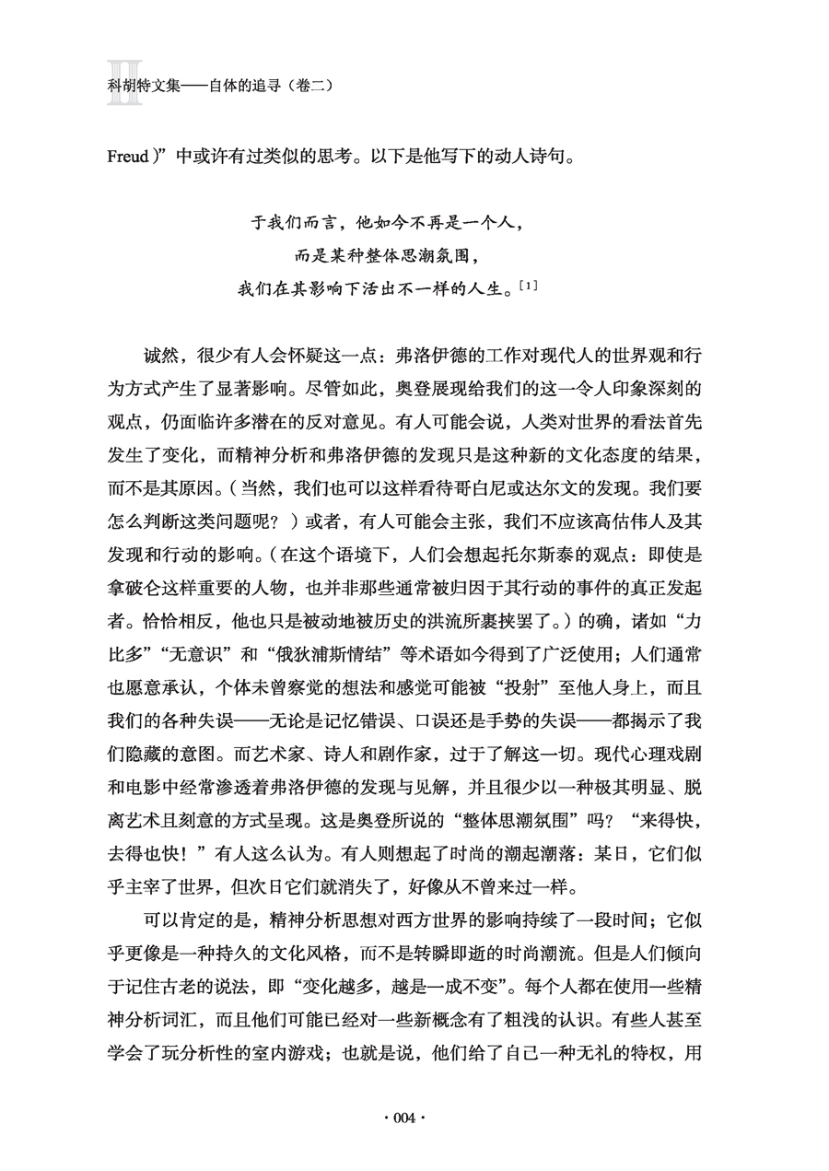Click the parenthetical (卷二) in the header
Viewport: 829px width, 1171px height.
[309, 85]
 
